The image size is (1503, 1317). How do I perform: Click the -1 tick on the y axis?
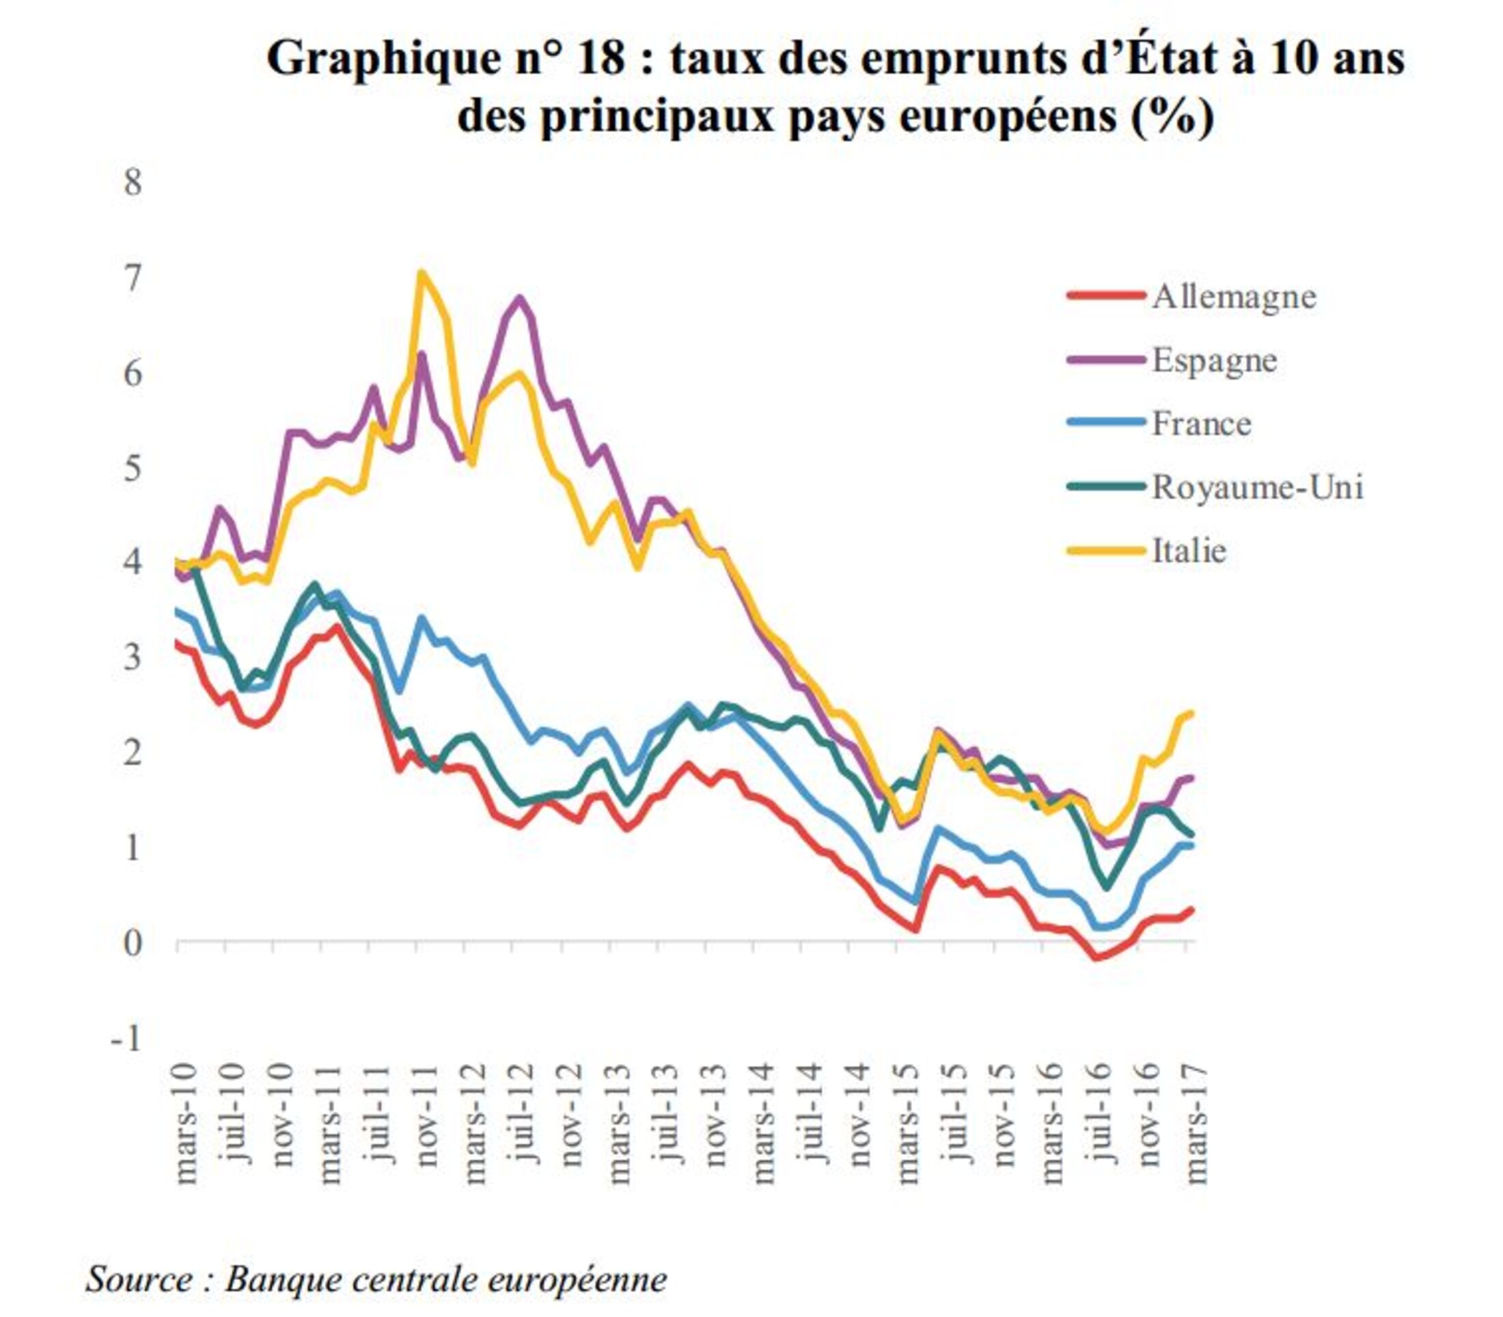click(x=126, y=1038)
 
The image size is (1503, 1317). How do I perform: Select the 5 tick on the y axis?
click(x=133, y=467)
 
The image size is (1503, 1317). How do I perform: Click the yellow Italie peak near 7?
click(x=421, y=273)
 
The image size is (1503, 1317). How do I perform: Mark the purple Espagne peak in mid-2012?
click(x=520, y=298)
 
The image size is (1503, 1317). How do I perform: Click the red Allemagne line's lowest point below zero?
click(x=1096, y=958)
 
